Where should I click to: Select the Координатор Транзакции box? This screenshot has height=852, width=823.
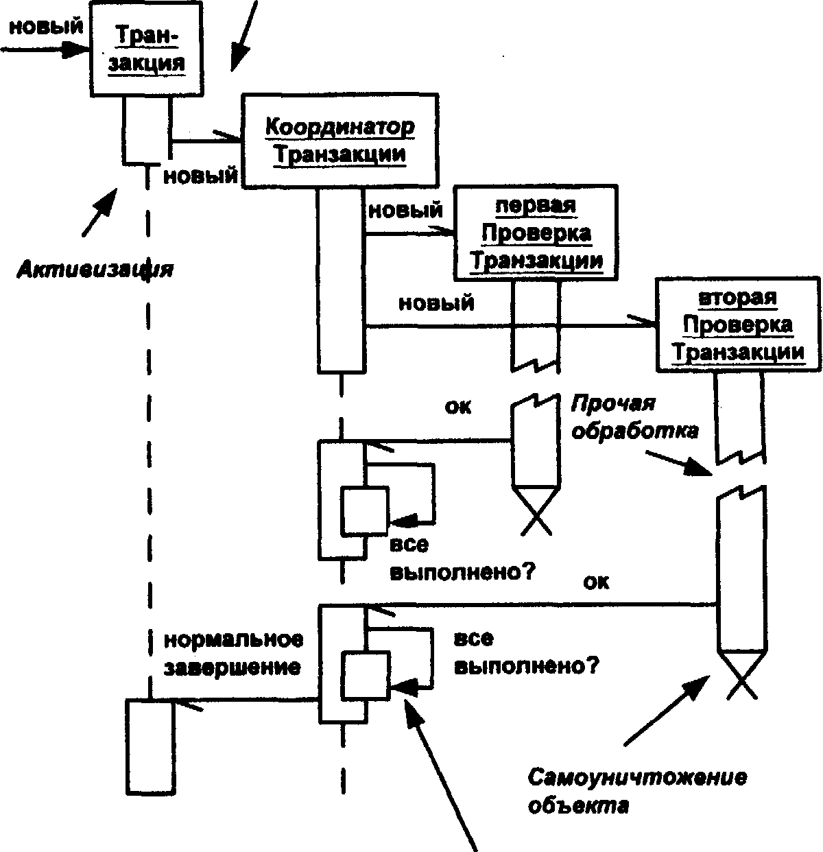(x=339, y=141)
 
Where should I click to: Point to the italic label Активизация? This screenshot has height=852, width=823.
(x=95, y=270)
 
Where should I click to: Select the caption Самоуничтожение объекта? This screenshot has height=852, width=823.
(x=636, y=792)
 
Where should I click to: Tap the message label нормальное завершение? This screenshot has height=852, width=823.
(x=233, y=653)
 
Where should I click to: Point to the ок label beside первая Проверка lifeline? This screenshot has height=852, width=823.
(x=458, y=406)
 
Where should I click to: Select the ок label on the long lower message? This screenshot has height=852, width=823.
(x=596, y=582)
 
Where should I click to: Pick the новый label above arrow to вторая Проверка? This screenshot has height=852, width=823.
(x=436, y=303)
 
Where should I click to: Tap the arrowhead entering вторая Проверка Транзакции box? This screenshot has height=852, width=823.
(x=645, y=322)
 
